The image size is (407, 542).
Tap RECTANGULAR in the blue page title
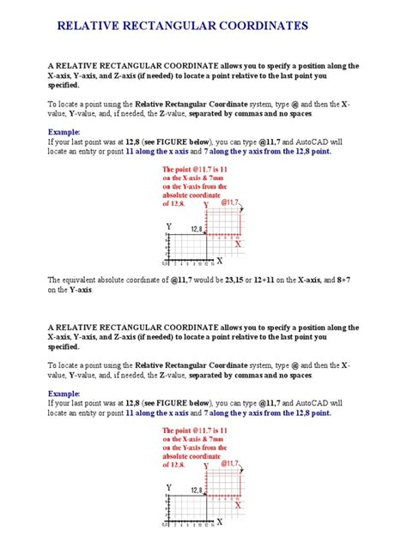[178, 27]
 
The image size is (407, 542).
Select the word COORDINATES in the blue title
[266, 27]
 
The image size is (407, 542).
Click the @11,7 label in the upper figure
[229, 203]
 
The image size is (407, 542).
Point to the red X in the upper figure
[238, 244]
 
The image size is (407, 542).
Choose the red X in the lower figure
[238, 504]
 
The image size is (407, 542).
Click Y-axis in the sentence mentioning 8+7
[74, 290]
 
